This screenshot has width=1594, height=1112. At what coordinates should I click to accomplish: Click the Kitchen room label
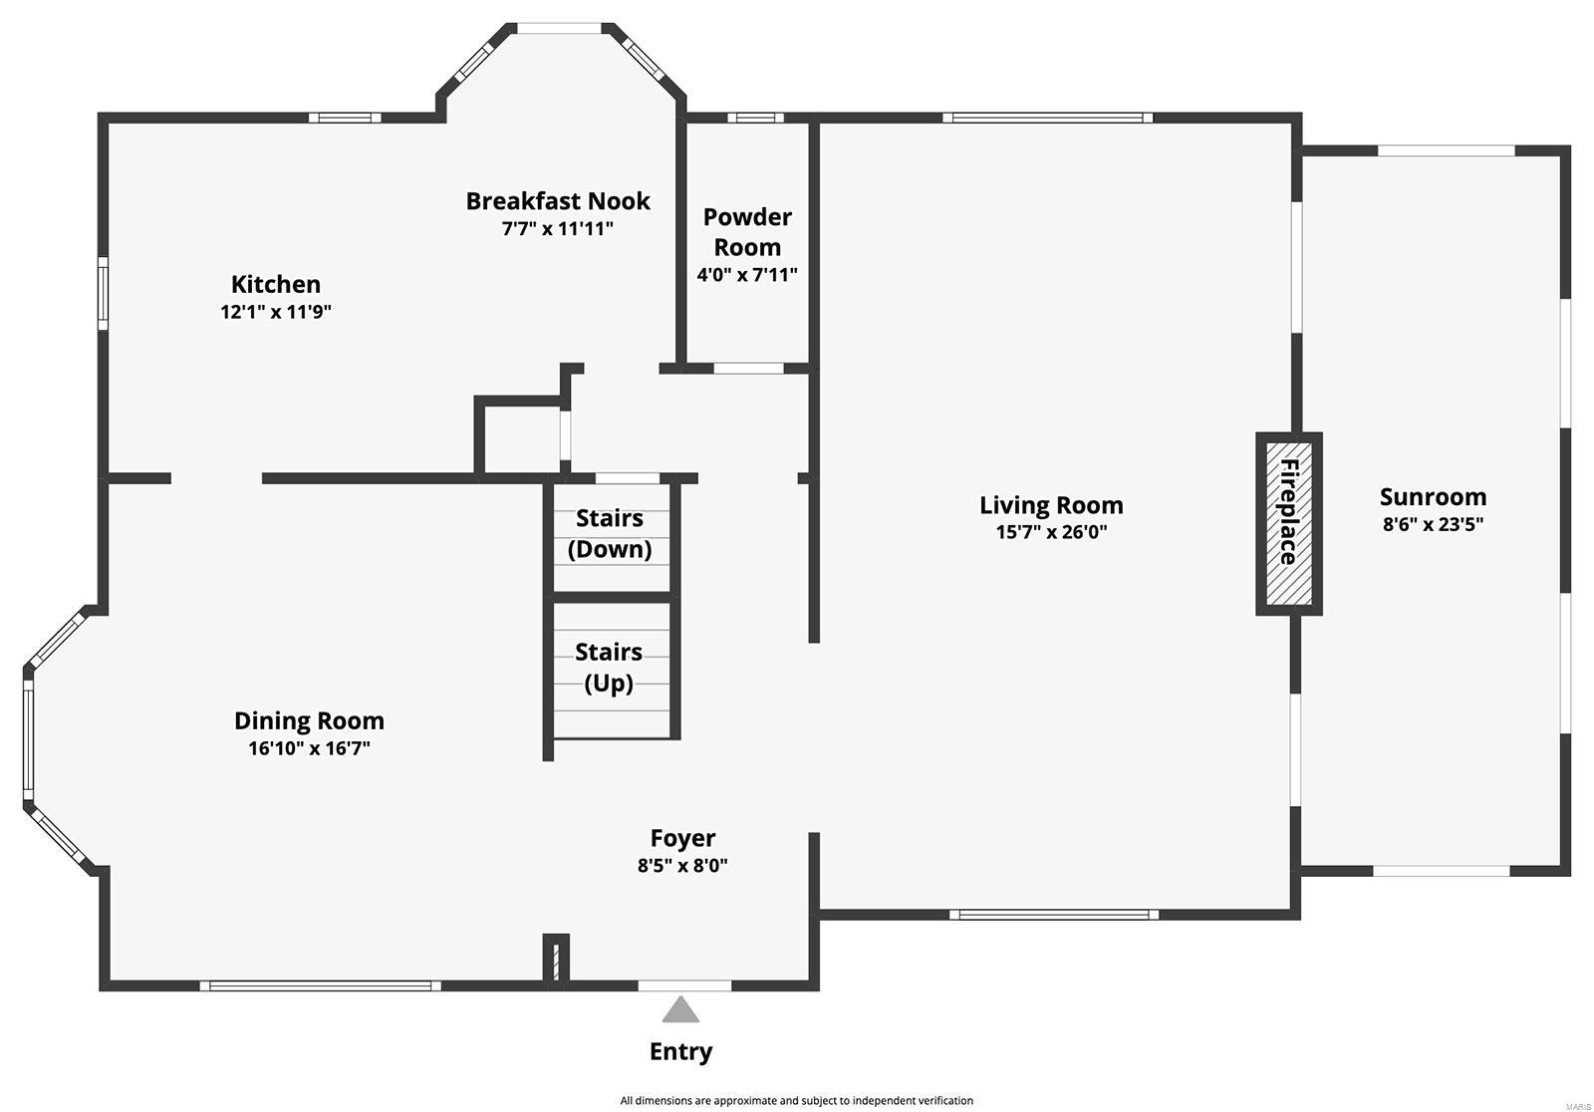[x=275, y=285]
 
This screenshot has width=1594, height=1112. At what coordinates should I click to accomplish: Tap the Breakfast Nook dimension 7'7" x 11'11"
[x=557, y=228]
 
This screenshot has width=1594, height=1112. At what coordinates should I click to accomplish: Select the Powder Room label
[x=747, y=231]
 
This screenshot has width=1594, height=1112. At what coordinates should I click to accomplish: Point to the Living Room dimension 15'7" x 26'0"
[x=1051, y=532]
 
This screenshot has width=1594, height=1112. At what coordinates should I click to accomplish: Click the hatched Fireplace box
[x=1288, y=524]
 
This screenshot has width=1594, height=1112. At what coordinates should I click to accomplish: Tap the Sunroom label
[x=1432, y=496]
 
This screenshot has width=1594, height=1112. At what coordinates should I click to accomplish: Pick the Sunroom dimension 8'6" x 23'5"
[x=1432, y=524]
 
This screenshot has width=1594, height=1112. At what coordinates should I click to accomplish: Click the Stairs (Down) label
[x=609, y=533]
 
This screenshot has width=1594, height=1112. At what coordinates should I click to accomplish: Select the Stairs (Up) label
[x=608, y=667]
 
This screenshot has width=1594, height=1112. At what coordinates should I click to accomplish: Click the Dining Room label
[x=309, y=720]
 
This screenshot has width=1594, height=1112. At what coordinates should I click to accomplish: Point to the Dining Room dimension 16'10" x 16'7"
[x=309, y=748]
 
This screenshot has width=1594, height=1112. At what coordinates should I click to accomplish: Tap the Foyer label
[x=682, y=838]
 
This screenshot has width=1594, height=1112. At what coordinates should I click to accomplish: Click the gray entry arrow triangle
[x=681, y=1010]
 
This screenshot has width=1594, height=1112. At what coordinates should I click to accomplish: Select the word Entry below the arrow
[x=680, y=1051]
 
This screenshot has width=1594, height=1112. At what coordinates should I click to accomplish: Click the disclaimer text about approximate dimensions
[x=796, y=1100]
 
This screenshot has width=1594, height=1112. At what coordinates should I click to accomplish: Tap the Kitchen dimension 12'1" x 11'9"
[x=275, y=312]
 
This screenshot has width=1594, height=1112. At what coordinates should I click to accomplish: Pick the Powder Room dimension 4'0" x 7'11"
[x=747, y=275]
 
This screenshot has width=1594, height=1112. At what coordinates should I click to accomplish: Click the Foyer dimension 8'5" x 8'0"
[x=682, y=866]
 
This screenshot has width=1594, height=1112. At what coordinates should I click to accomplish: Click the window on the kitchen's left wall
[x=103, y=293]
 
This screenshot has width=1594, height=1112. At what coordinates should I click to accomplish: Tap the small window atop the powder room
[x=754, y=118]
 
